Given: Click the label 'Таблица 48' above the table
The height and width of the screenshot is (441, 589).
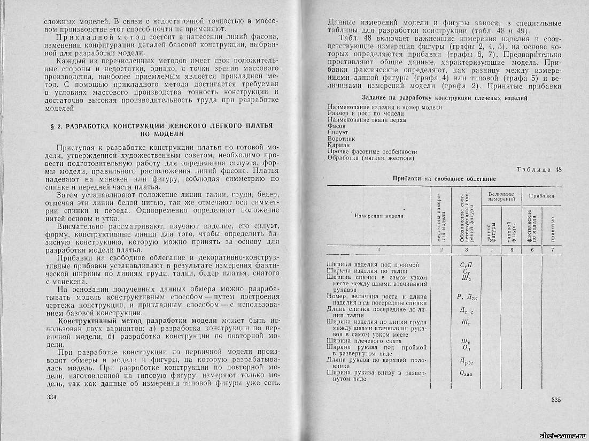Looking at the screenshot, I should [x=539, y=170].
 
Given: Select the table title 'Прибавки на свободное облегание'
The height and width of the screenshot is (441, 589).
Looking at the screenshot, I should [x=445, y=178].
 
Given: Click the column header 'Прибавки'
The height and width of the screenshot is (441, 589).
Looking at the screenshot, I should [x=541, y=196].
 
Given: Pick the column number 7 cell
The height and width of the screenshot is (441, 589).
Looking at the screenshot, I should [x=552, y=249].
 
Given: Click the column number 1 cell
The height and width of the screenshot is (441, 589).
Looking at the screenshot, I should [x=379, y=249].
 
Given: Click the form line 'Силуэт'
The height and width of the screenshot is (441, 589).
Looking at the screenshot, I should [x=337, y=132].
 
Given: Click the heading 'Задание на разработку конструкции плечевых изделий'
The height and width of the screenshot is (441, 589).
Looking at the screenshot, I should [x=445, y=98].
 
